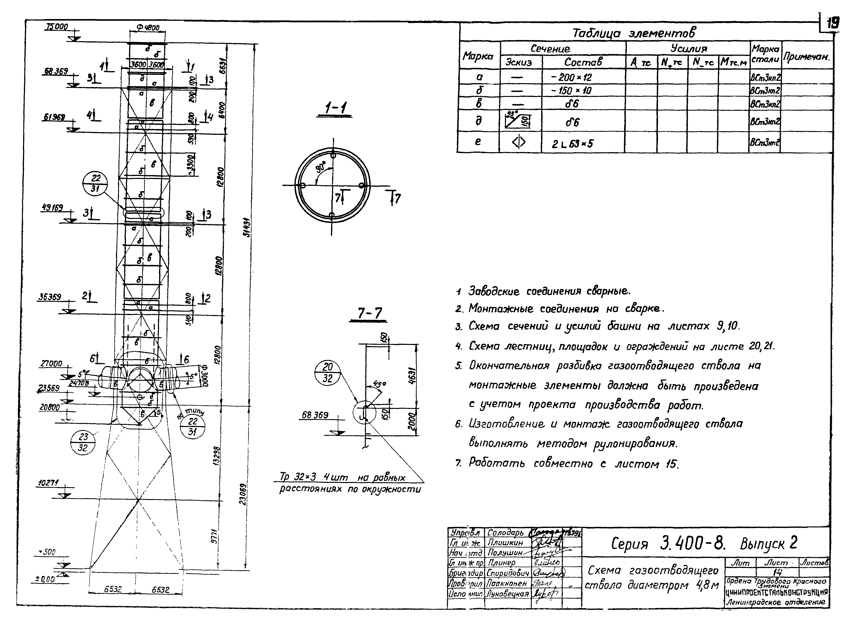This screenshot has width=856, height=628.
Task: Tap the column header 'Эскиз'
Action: pyautogui.click(x=518, y=62)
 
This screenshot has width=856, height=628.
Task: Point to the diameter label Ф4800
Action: pyautogui.click(x=148, y=28)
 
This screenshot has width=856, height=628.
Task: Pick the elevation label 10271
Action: pyautogui.click(x=48, y=483)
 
